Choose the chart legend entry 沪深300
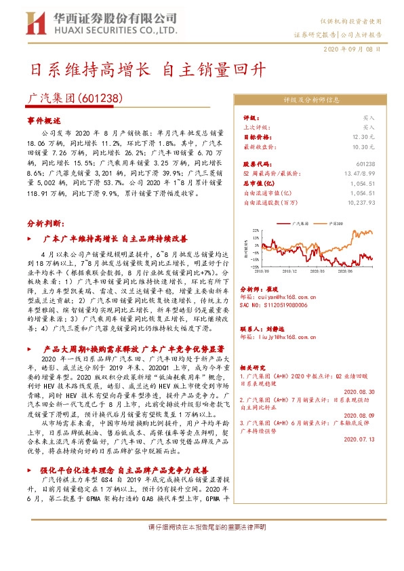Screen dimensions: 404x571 click(336, 222)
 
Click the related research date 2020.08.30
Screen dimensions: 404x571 click(360, 392)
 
